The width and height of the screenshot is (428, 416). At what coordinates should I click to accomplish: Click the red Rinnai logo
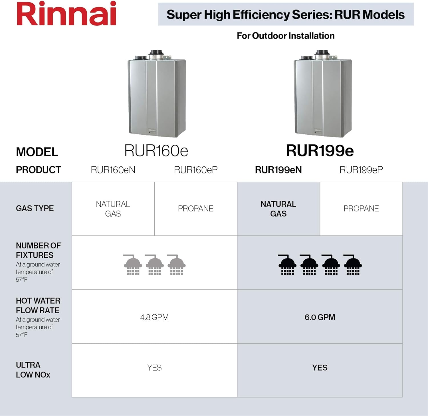click(66, 14)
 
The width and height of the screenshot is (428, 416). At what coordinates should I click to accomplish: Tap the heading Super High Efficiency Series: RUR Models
click(285, 15)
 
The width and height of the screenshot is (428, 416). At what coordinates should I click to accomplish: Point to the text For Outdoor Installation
click(286, 36)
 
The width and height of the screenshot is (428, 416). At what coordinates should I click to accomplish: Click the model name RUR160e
click(156, 151)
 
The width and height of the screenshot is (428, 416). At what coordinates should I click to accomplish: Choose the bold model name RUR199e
click(320, 151)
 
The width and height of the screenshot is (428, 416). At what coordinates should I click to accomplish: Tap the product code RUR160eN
click(113, 170)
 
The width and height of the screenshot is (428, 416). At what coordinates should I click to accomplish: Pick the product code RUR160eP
click(196, 170)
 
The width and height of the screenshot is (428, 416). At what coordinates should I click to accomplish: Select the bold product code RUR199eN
click(278, 170)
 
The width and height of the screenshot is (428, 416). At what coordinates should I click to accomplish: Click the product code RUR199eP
click(361, 170)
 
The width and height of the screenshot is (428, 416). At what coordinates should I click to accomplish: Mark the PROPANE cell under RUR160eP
click(196, 209)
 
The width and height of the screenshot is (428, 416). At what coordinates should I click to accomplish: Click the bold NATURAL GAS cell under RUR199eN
click(278, 209)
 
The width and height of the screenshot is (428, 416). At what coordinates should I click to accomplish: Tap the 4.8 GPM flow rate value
click(154, 317)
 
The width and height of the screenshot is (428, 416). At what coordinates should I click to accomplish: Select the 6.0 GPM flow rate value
click(320, 317)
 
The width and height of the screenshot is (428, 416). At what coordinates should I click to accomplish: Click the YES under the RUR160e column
click(154, 368)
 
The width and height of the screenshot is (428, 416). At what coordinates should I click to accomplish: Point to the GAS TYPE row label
click(35, 209)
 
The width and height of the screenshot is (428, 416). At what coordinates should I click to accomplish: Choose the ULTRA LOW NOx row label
click(33, 370)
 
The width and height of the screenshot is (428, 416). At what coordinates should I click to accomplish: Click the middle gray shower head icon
click(155, 265)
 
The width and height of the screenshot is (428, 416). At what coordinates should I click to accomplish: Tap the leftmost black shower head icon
click(287, 265)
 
